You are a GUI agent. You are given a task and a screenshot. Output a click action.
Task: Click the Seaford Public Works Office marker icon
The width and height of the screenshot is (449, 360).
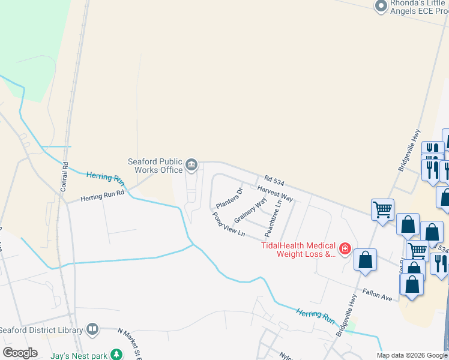tap(191, 164)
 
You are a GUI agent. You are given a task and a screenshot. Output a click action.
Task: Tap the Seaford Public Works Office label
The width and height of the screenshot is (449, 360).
tap(155, 166)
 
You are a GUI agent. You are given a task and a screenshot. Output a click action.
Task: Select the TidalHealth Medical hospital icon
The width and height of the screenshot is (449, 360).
tap(345, 248)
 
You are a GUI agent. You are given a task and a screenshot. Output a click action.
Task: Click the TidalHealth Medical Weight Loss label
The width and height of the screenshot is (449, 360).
tap(298, 250)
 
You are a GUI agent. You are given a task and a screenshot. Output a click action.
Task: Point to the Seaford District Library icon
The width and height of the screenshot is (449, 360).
tap(92, 329)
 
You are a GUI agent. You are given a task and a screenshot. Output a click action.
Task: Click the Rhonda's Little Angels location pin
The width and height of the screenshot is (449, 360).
tap(381, 7)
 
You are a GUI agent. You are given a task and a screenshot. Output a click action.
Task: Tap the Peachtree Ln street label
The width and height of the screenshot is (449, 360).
tap(277, 220)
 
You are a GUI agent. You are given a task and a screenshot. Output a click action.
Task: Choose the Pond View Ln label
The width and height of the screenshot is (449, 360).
tap(229, 224)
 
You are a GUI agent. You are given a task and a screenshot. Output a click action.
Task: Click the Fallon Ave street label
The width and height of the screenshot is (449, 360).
tap(378, 296)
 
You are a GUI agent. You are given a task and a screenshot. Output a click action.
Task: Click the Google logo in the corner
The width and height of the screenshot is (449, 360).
tap(20, 353)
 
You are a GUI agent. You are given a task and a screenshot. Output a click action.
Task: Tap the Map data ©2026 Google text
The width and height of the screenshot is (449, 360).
tap(412, 355)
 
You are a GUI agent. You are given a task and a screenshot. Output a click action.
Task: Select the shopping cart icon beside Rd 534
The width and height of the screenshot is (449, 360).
tap(382, 210)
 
